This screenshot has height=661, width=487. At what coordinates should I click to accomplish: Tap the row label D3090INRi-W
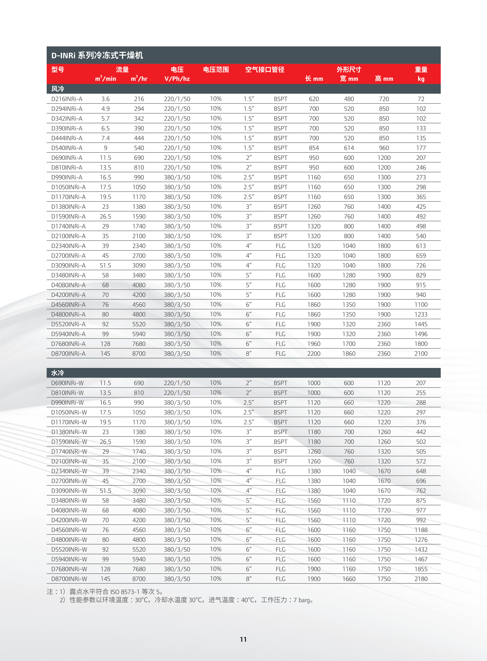coord(69,491)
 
